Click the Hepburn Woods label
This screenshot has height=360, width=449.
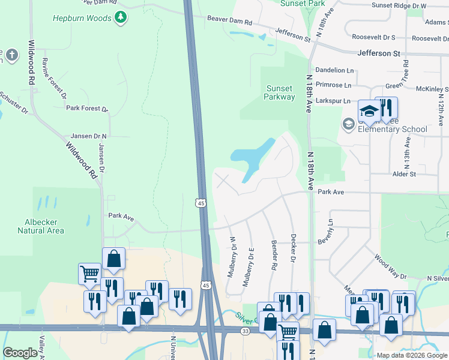82,18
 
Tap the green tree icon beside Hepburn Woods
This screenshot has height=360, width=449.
121,17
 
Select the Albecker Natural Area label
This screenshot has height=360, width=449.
41,225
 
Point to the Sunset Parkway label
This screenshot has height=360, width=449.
280,92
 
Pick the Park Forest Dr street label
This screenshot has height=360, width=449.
87,109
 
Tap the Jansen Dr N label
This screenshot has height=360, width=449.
89,136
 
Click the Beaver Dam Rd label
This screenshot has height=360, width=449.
230,20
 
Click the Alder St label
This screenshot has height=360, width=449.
404,174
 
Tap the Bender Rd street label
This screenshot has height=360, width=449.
274,255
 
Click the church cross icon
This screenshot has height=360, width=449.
12,56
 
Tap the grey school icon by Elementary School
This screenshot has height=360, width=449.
348,124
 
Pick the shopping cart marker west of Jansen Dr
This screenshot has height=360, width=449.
89,274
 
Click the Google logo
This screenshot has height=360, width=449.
20,353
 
